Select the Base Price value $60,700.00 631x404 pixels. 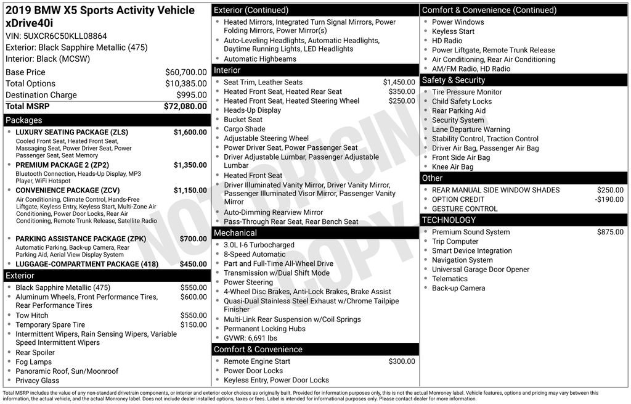coord(185,72)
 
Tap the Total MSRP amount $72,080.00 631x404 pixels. coord(185,107)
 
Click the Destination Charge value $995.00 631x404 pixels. coord(192,95)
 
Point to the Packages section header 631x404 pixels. coord(24,120)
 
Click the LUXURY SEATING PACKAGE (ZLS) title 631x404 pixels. coord(71,132)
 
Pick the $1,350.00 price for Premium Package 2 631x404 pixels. coord(190,165)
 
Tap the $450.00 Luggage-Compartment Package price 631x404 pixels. coord(193,264)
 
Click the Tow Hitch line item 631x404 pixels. coord(31,315)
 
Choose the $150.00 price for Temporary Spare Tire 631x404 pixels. coord(193,325)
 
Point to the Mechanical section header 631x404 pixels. coord(235,233)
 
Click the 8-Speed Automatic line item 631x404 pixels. coord(254,254)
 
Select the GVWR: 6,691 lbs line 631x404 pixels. coord(250,338)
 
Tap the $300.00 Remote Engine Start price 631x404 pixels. coord(402,361)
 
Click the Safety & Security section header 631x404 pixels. coord(453,80)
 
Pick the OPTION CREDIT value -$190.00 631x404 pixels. coord(609,199)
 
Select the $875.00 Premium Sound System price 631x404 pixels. coord(610,232)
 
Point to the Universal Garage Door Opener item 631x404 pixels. coord(481,270)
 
